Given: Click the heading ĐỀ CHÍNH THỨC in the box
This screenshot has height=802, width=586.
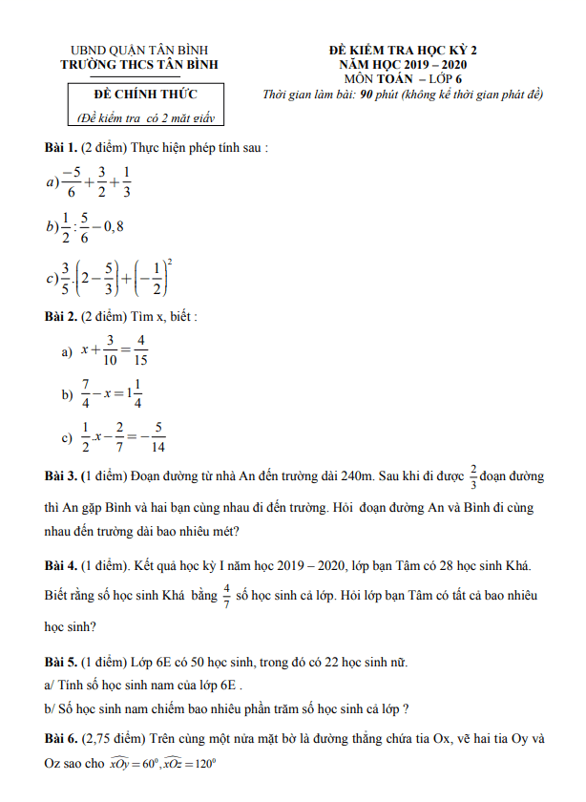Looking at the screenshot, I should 144,95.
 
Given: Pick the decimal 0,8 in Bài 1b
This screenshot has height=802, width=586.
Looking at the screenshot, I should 112,226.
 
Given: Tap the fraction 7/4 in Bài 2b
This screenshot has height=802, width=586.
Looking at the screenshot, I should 86,393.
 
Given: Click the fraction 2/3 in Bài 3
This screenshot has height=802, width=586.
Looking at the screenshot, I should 473,475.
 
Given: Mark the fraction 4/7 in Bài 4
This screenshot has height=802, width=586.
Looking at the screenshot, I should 226,595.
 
